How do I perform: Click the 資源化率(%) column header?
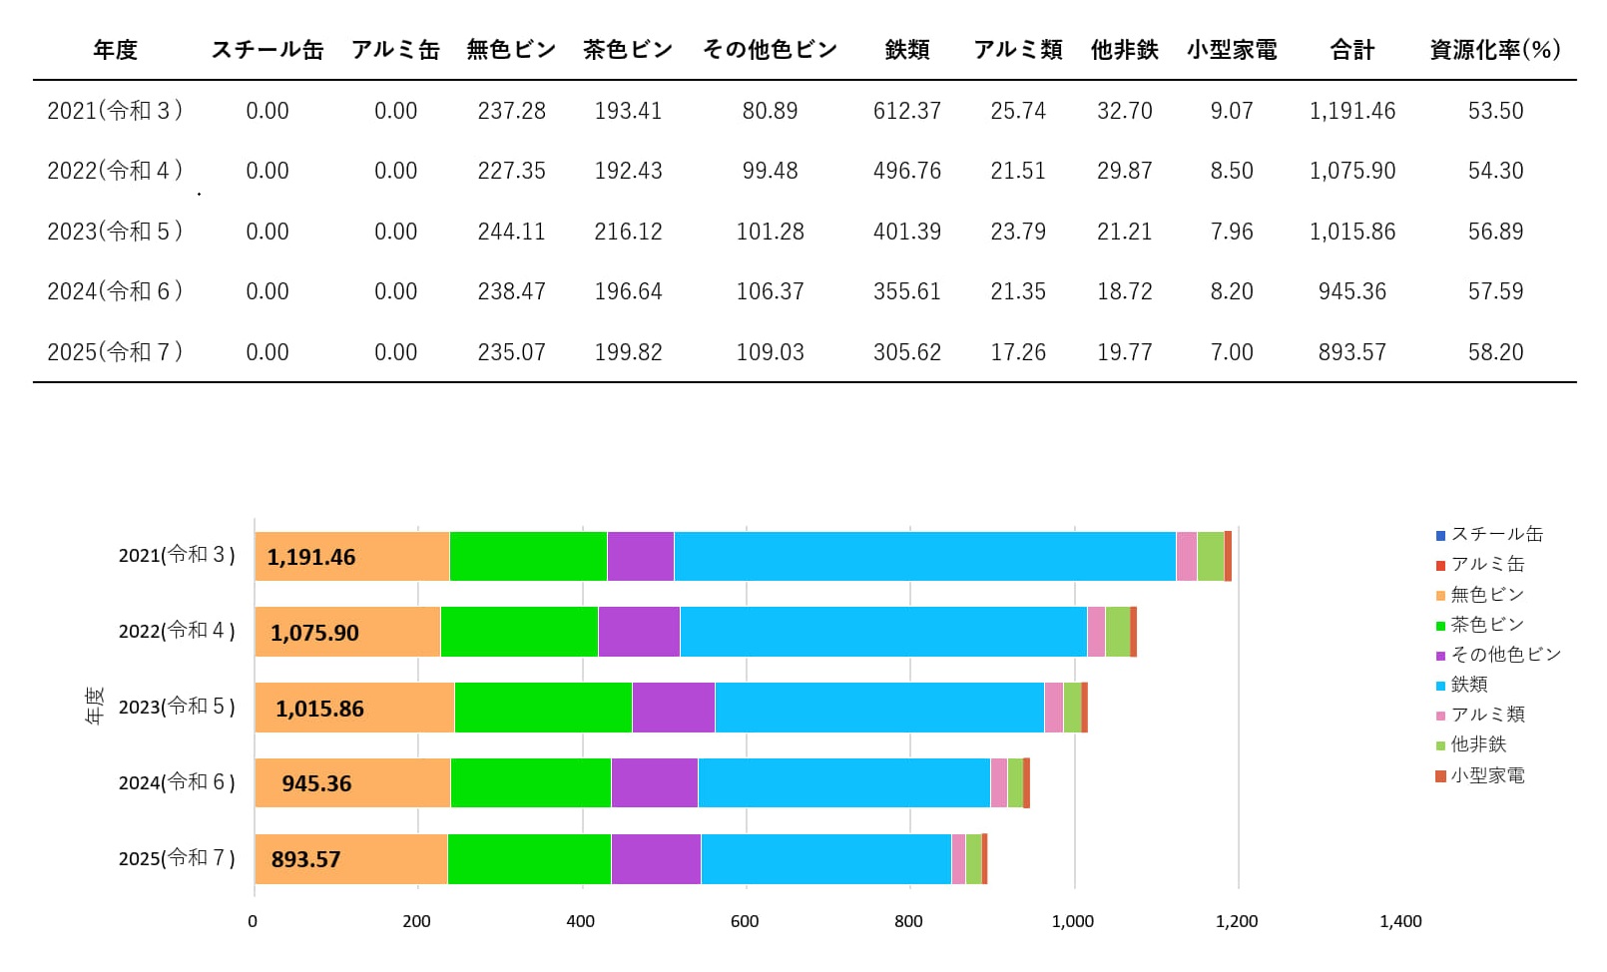[x=1494, y=50]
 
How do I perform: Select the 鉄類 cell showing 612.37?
[x=906, y=111]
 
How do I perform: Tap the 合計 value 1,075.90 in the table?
[x=1351, y=171]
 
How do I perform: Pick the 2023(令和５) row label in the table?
[x=115, y=232]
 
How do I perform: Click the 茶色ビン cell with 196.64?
[x=628, y=291]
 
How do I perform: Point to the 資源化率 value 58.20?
[x=1495, y=352]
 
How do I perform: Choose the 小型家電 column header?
[x=1232, y=50]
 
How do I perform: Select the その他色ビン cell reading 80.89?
[x=770, y=111]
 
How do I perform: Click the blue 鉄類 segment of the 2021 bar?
[x=924, y=556]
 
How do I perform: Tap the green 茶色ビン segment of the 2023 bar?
[x=543, y=708]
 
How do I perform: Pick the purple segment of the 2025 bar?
[x=656, y=859]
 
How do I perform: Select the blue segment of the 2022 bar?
[x=882, y=632]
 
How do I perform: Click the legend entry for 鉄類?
[x=1468, y=685]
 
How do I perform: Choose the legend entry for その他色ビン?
[x=1504, y=655]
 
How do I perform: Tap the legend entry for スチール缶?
[x=1495, y=535]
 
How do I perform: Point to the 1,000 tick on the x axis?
[x=1072, y=921]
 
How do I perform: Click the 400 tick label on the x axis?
[x=580, y=921]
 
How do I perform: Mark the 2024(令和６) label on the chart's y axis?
[x=177, y=782]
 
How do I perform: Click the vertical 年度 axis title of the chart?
[x=94, y=705]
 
